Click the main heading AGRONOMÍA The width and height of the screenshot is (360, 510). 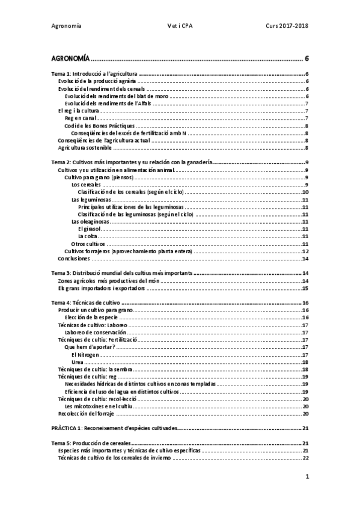coord(70,59)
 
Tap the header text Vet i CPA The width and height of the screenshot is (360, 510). coord(180,26)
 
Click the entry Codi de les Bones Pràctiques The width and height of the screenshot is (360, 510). coord(100,126)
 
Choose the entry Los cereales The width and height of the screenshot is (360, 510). coord(86,185)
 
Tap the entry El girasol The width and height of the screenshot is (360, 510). coord(90,229)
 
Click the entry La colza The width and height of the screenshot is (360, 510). coord(88,236)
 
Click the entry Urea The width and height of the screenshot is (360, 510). coord(78,361)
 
